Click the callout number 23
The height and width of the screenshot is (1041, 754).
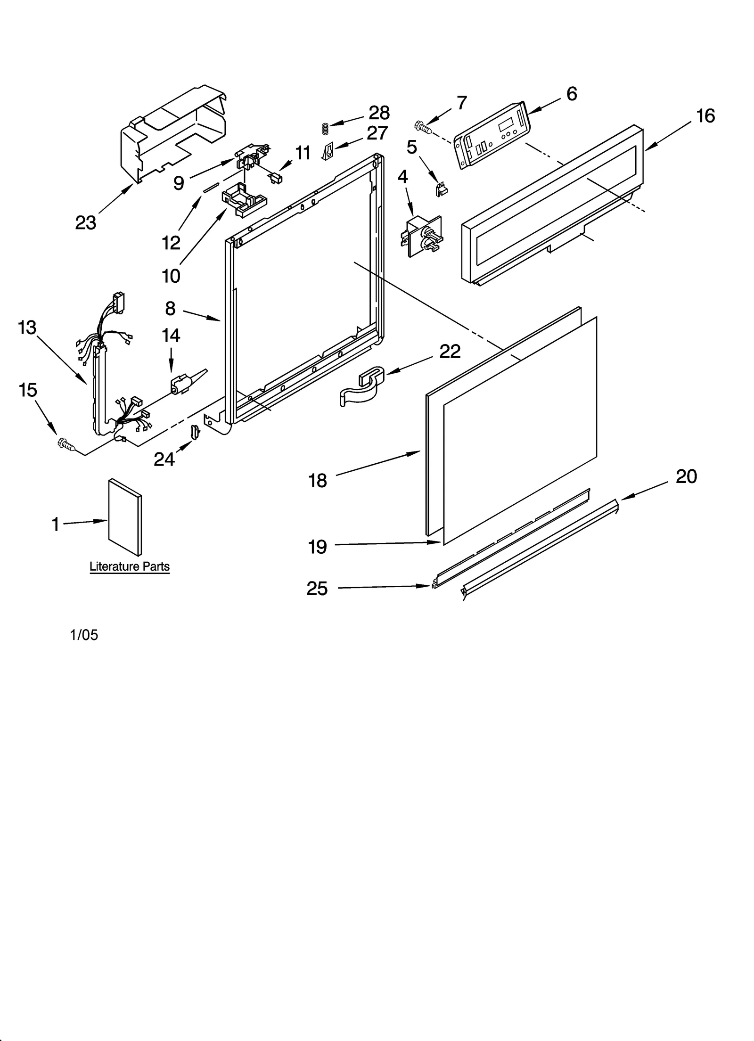tap(85, 223)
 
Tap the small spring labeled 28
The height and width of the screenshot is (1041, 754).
tap(325, 128)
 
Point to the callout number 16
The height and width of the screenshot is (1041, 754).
tap(705, 116)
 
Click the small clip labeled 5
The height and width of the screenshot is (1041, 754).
tap(441, 189)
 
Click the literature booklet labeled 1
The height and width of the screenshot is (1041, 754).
tap(124, 517)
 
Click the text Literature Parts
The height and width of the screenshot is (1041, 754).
tap(130, 566)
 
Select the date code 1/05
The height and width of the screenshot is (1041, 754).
tap(84, 635)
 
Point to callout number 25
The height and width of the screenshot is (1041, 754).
tap(317, 589)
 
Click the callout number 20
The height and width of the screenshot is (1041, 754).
tap(686, 476)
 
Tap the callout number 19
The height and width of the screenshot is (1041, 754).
tap(317, 547)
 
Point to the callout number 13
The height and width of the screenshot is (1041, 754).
tap(27, 327)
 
